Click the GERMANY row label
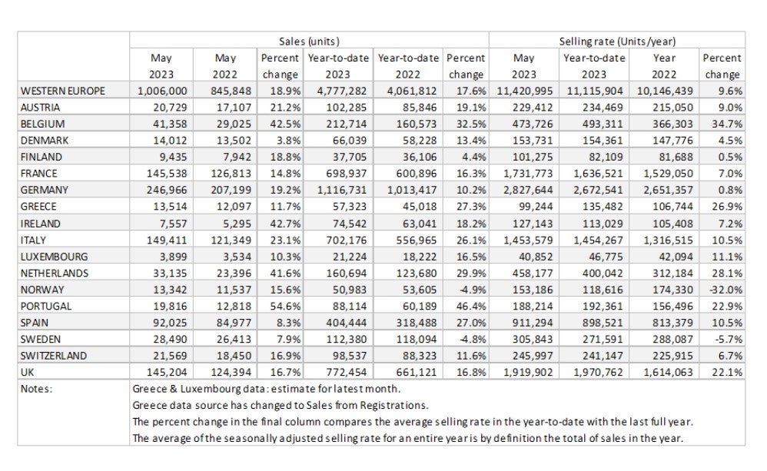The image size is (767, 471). point(46,189)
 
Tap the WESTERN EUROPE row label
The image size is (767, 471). point(62,91)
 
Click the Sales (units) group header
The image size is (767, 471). point(308,41)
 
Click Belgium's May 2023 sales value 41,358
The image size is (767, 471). point(158,123)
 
